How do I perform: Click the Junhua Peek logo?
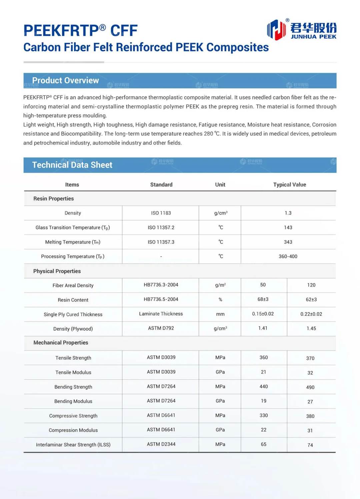302,29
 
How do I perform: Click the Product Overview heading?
65,80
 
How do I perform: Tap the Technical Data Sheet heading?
72,165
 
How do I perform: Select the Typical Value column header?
289,184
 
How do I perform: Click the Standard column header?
161,184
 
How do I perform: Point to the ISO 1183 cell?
161,213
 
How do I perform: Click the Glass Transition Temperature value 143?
288,227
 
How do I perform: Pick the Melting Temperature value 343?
288,242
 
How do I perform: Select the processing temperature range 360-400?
288,256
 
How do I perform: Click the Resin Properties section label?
53,198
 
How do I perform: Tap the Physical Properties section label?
57,271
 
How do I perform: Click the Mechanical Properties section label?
61,343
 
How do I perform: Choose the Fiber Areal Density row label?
73,285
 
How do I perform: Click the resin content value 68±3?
263,299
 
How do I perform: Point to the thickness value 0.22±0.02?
311,314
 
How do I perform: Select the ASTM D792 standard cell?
161,328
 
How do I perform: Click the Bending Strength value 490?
310,387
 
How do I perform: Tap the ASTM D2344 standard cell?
161,444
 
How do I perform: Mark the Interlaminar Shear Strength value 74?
310,445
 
